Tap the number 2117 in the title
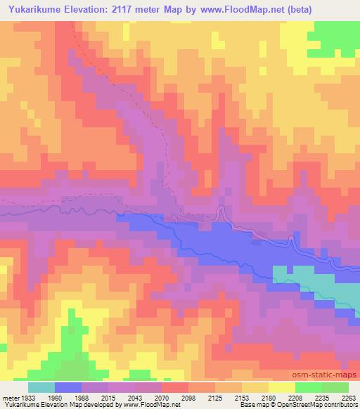tap(129, 10)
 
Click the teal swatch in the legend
tap(41, 387)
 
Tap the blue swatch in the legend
tap(68, 387)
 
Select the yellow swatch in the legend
tap(281, 387)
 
